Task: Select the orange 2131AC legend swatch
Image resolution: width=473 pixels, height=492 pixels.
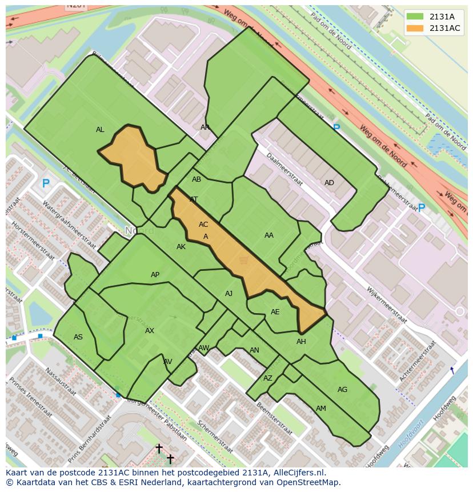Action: [x=415, y=28]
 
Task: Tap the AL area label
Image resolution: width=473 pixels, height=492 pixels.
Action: [x=100, y=130]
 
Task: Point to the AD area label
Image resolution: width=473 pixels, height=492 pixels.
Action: [x=329, y=183]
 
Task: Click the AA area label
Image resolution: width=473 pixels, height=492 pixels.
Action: [x=269, y=235]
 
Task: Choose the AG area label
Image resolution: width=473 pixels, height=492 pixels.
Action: [x=342, y=390]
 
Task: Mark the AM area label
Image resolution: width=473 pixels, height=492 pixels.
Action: [x=321, y=409]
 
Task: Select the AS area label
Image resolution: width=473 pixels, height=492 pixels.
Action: [x=78, y=337]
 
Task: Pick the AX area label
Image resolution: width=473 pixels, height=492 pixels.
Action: [x=150, y=331]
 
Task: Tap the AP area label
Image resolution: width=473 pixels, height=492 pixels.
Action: [x=155, y=275]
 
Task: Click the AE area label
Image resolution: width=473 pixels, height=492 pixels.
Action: [x=275, y=312]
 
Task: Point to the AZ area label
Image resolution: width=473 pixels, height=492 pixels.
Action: [x=268, y=378]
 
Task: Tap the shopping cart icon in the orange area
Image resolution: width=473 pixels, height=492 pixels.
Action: [x=244, y=261]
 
